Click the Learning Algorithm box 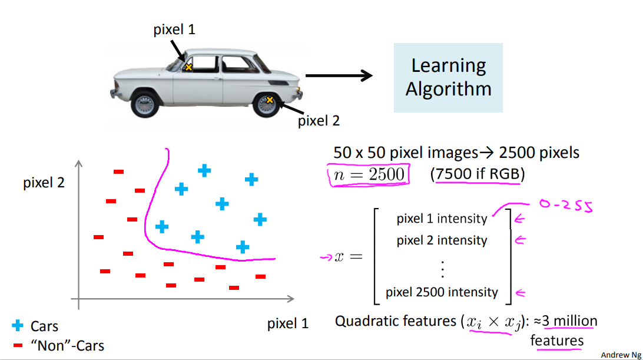tap(448, 77)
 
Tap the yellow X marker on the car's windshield tap(188, 67)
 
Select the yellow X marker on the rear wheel tap(270, 100)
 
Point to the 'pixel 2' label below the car tap(319, 121)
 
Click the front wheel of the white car tap(144, 104)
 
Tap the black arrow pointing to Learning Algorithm tap(340, 75)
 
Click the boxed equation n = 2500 tap(369, 174)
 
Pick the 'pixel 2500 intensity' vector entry tap(442, 292)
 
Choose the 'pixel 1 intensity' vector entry tap(442, 219)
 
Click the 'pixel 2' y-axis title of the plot tap(44, 183)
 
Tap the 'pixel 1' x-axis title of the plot tap(288, 323)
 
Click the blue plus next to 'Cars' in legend tap(18, 325)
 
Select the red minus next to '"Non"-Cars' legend tap(18, 345)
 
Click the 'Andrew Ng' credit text tap(621, 355)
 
